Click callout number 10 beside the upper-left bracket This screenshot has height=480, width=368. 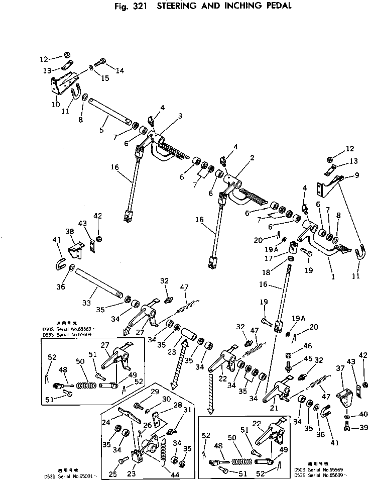click(x=56, y=105)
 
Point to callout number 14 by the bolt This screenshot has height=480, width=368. click(x=119, y=71)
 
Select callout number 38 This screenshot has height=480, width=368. click(x=70, y=232)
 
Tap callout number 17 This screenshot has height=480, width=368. click(x=272, y=258)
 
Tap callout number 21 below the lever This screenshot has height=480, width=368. click(x=274, y=408)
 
